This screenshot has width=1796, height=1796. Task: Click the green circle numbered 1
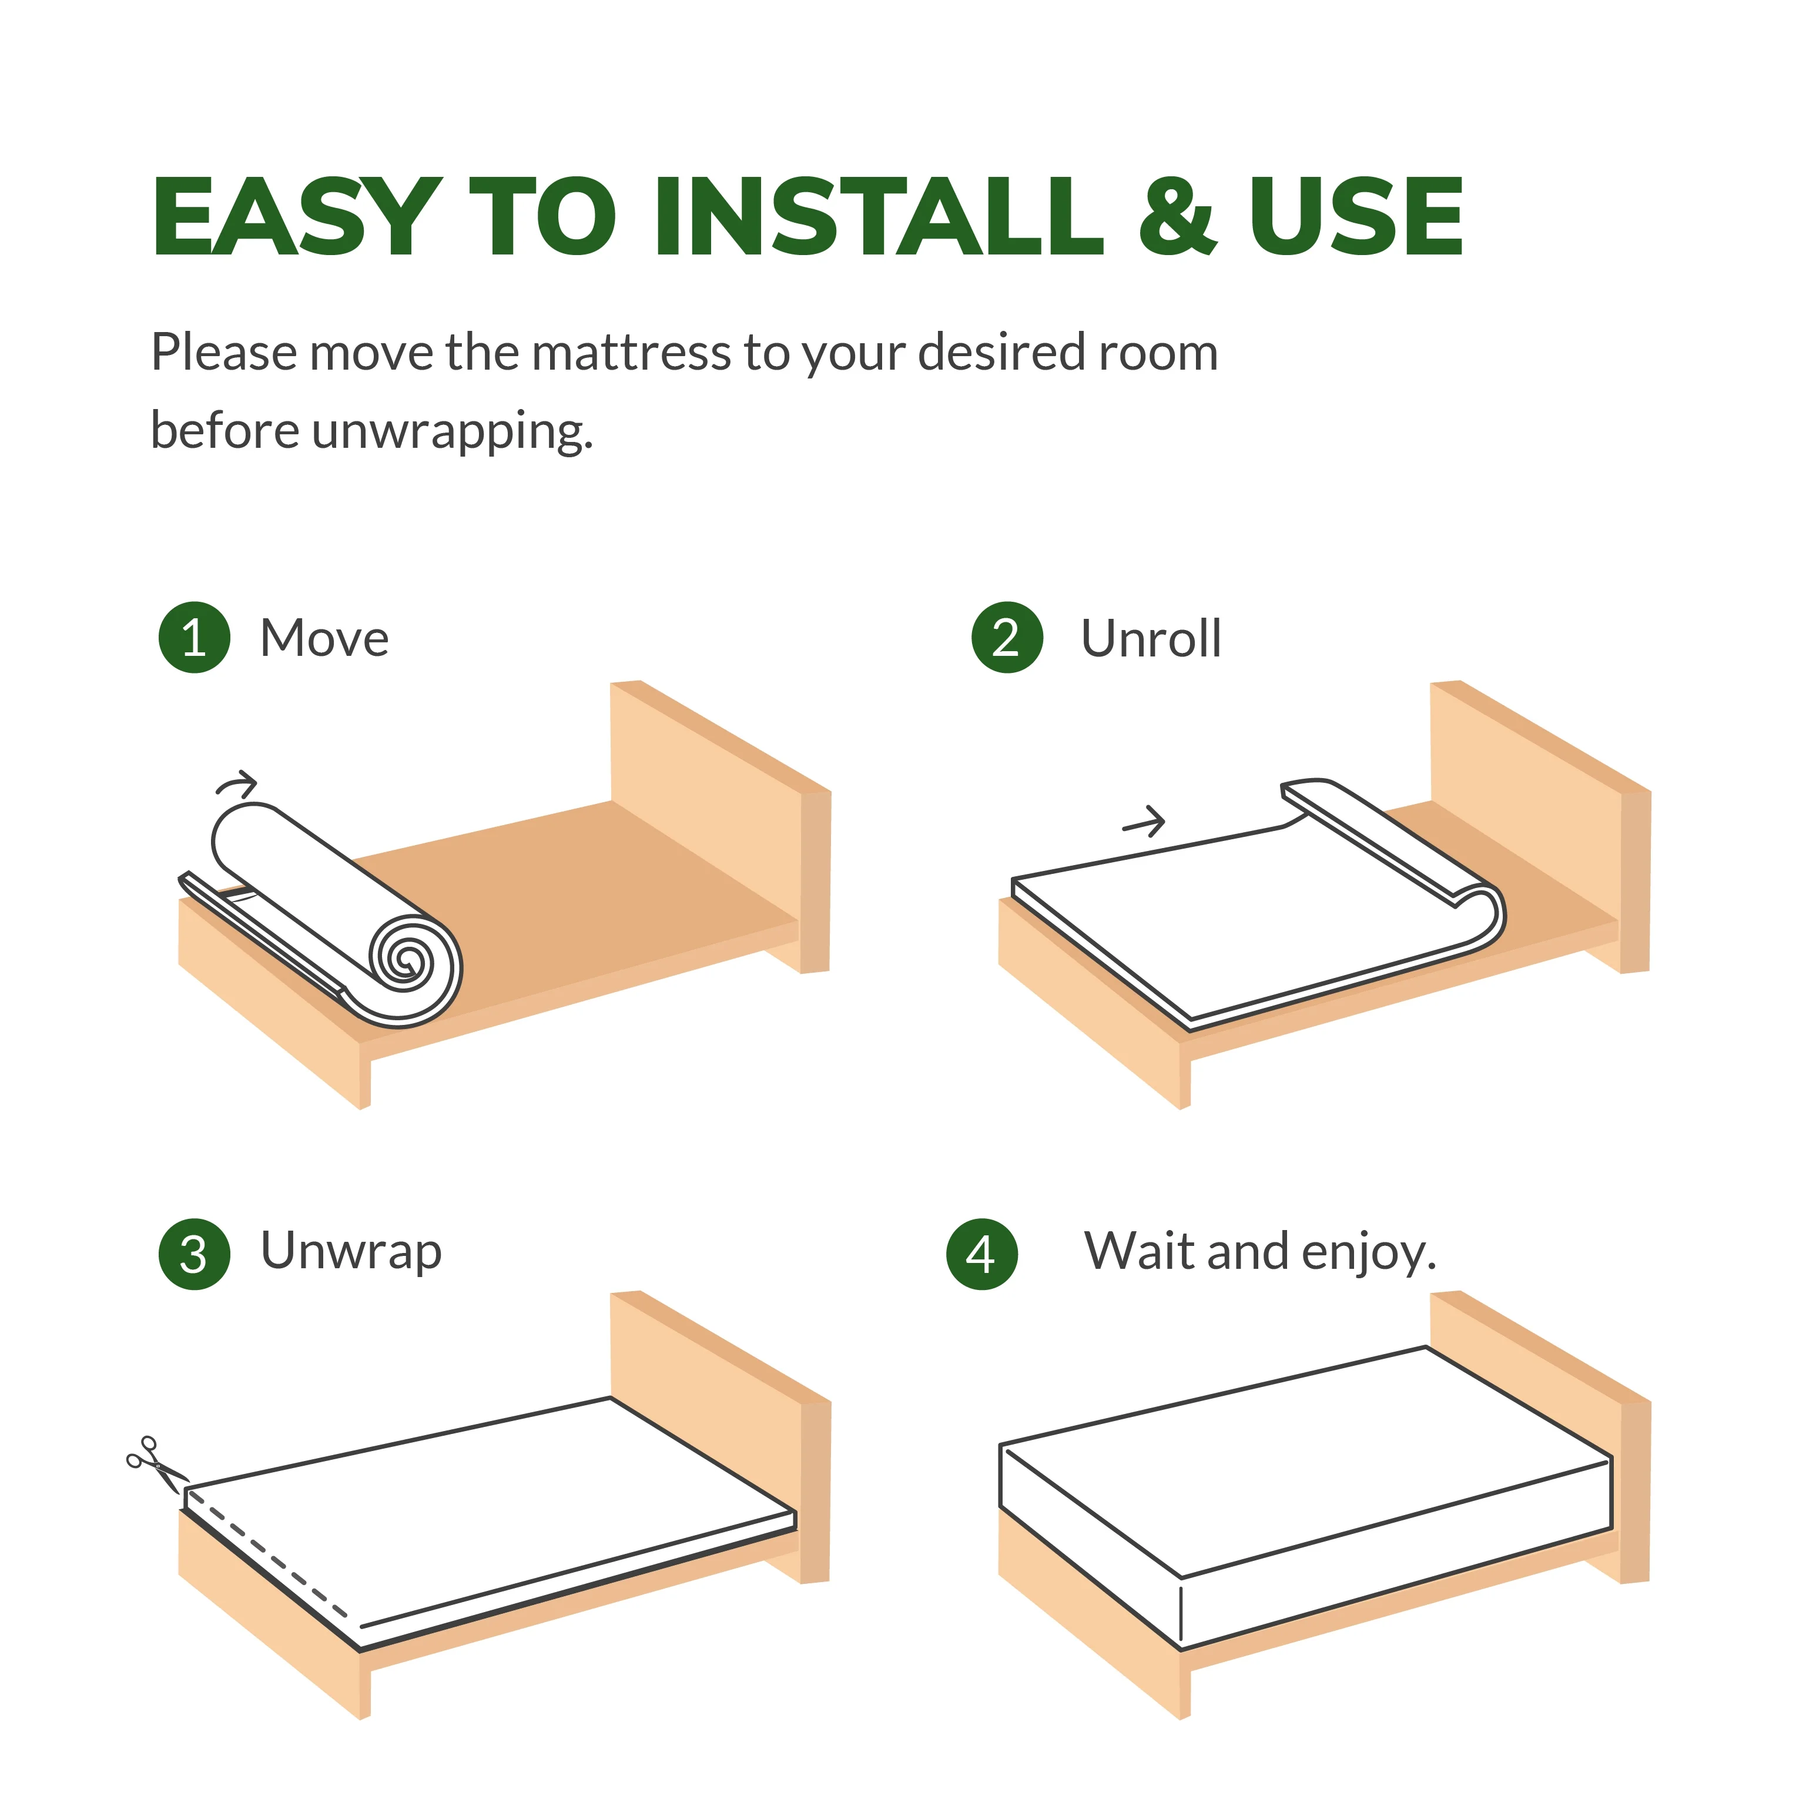(x=195, y=638)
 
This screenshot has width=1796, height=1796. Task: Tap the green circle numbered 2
(x=1007, y=638)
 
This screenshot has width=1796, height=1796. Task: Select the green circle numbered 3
(x=195, y=1254)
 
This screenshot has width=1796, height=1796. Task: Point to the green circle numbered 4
(x=981, y=1254)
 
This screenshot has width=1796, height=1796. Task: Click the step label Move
(x=324, y=639)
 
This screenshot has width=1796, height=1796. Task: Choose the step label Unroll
(x=1151, y=639)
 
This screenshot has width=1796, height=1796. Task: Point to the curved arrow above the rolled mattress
(x=236, y=783)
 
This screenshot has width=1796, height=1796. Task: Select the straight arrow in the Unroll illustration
(x=1144, y=821)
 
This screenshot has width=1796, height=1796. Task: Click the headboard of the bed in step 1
(x=721, y=827)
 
